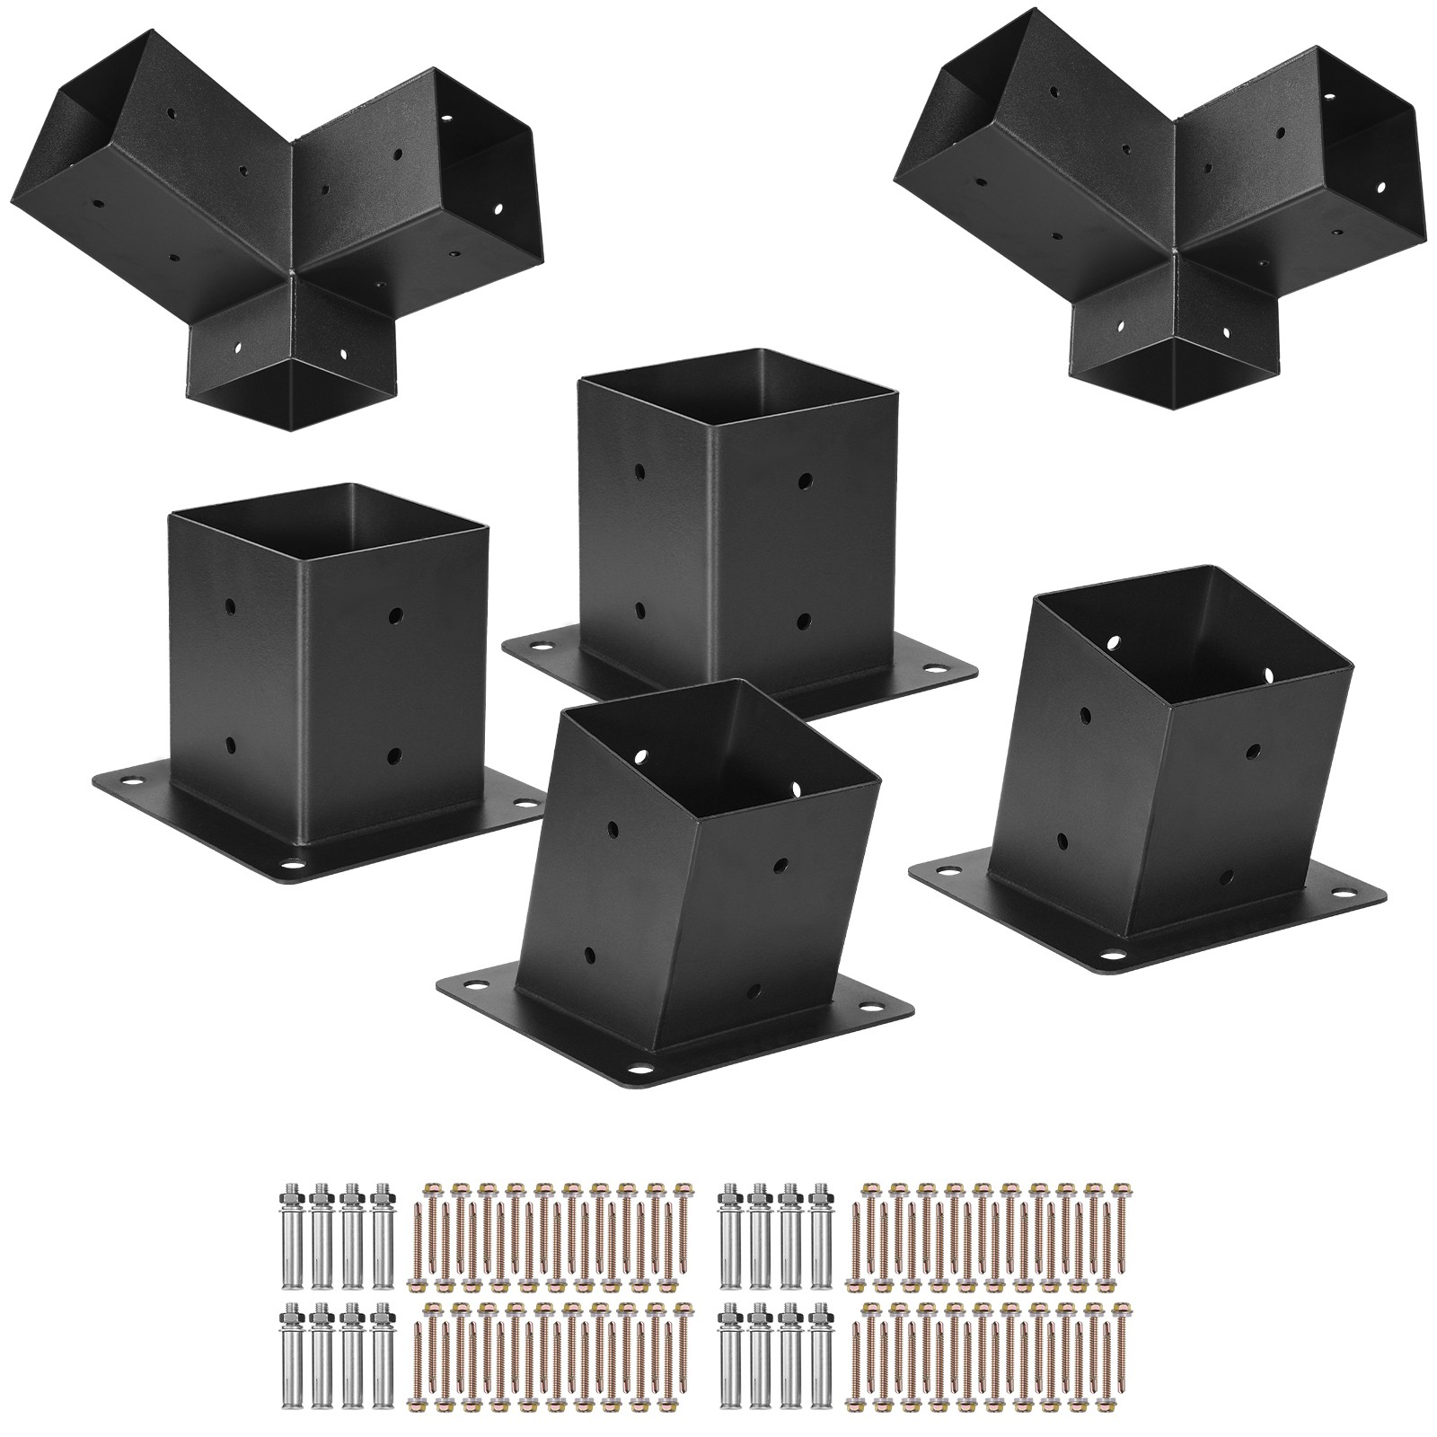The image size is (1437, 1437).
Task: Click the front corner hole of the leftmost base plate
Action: [x=292, y=869]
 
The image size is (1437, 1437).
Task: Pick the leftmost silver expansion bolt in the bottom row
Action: [x=292, y=1347]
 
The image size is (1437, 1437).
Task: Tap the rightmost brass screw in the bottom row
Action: [x=1119, y=1347]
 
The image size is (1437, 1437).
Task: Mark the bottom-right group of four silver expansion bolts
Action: [x=773, y=1347]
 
